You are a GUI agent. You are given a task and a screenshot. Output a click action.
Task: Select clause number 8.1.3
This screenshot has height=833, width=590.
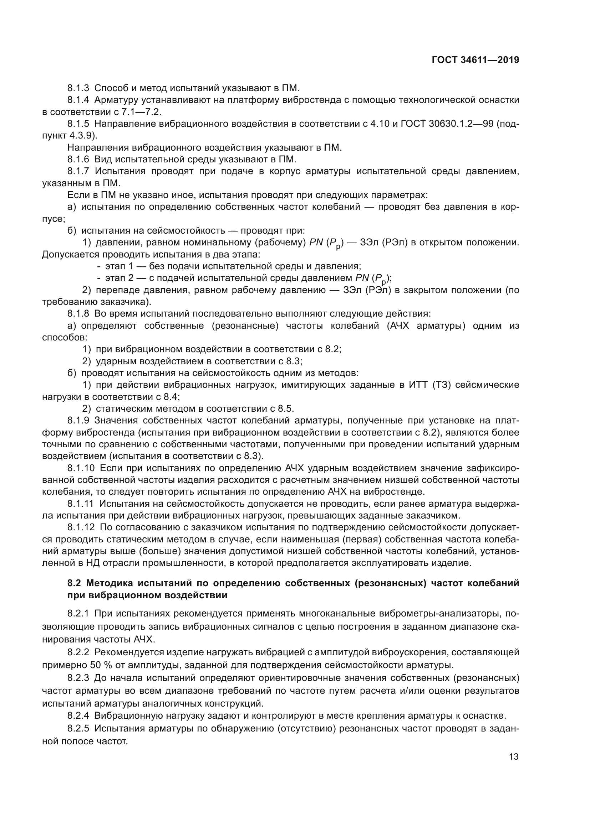78,88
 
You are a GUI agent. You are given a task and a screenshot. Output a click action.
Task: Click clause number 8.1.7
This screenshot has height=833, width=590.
78,172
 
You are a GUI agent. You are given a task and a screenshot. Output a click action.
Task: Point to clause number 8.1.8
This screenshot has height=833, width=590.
78,314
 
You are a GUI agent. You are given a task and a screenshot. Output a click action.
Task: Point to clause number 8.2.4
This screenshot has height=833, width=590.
78,716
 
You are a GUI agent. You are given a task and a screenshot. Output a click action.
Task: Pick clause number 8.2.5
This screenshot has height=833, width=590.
78,729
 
